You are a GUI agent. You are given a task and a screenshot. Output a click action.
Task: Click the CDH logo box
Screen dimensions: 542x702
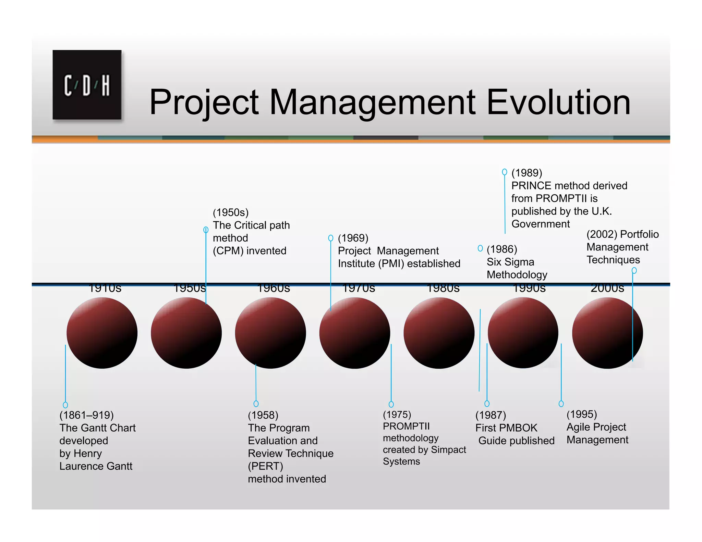(87, 85)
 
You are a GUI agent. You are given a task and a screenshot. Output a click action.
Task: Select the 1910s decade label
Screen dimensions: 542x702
(105, 288)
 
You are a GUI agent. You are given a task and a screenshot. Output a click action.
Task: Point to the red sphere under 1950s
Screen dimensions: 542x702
(186, 333)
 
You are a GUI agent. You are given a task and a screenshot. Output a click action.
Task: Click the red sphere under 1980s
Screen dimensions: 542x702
(439, 333)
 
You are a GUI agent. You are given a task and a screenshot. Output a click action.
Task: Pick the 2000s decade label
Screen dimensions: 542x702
(607, 288)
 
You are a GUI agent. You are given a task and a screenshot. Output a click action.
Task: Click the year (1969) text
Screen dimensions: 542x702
(353, 238)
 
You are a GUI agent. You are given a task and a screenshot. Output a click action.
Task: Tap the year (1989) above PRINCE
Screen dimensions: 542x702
(526, 173)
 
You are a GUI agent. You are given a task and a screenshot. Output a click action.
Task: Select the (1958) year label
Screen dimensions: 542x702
(263, 415)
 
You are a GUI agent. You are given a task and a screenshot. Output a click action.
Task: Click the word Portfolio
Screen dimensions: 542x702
(639, 234)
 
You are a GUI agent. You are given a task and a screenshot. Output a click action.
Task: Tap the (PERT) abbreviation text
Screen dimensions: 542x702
(265, 466)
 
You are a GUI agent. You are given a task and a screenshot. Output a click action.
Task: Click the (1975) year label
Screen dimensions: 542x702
(397, 415)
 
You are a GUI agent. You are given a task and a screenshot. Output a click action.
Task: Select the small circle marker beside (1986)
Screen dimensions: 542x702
(480, 248)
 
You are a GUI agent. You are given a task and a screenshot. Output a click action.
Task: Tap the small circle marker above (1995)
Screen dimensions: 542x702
(561, 404)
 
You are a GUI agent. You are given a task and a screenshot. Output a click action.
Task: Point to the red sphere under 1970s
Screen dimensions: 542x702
(354, 333)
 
